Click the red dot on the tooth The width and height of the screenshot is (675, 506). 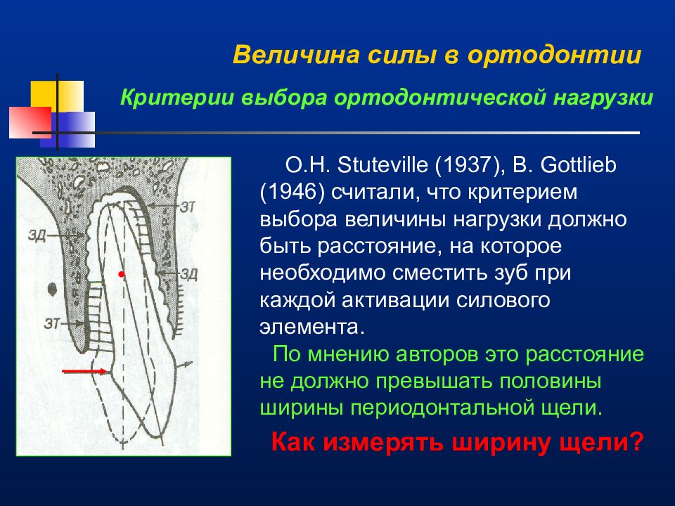[x=122, y=274]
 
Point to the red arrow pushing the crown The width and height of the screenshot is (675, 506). [x=85, y=371]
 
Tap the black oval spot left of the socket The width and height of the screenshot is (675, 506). [x=52, y=289]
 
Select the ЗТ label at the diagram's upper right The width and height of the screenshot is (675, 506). [x=187, y=207]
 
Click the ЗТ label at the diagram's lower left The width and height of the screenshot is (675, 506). [x=52, y=323]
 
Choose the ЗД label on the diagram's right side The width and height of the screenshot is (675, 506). [x=188, y=273]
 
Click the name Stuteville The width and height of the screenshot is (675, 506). [x=383, y=164]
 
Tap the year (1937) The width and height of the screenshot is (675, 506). [x=470, y=165]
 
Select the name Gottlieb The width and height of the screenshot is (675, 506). [x=578, y=164]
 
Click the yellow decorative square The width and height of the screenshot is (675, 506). [x=57, y=96]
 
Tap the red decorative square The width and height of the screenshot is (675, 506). [x=30, y=122]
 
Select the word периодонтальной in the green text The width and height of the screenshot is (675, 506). [x=435, y=408]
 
